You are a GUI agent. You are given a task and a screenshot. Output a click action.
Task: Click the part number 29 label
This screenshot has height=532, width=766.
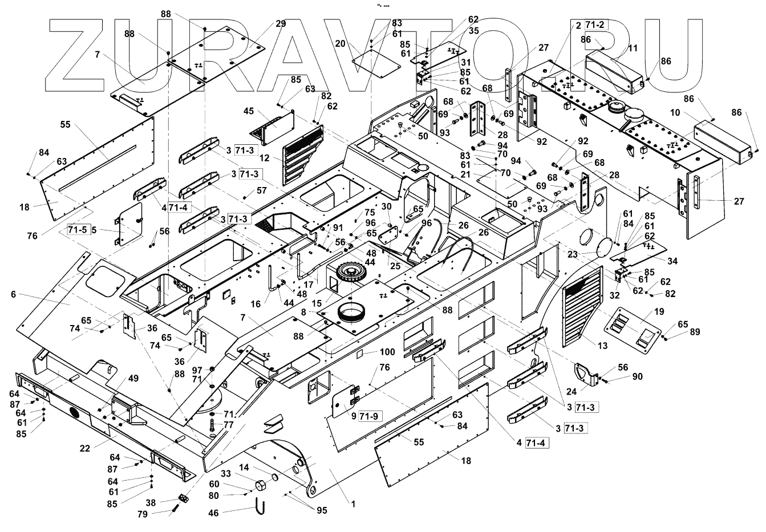pyautogui.click(x=281, y=23)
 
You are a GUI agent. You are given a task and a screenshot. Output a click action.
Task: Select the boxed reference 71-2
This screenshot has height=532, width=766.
pyautogui.click(x=597, y=25)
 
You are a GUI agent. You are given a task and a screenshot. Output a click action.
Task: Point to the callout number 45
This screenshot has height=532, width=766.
pyautogui.click(x=249, y=111)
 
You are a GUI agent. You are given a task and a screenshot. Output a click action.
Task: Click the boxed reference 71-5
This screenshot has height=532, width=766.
pyautogui.click(x=78, y=230)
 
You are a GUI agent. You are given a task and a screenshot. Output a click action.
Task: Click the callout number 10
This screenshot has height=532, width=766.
pyautogui.click(x=675, y=113)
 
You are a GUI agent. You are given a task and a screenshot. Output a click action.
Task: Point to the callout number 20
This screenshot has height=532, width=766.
pyautogui.click(x=341, y=43)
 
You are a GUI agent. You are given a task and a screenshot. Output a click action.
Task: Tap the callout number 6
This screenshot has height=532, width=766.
pyautogui.click(x=13, y=294)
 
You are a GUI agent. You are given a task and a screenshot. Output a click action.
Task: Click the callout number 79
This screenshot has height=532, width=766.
pyautogui.click(x=142, y=514)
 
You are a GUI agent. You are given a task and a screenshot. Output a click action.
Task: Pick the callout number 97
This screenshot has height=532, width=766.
pyautogui.click(x=197, y=370)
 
